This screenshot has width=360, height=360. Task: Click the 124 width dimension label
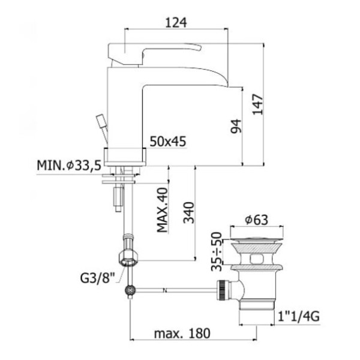[176, 23]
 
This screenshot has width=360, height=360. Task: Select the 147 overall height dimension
[257, 104]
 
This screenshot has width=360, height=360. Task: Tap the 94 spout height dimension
[236, 126]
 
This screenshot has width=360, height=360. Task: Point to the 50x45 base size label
[168, 142]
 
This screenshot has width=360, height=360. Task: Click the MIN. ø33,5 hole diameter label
[69, 165]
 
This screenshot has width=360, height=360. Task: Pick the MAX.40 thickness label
[163, 210]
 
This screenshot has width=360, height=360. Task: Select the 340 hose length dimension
[189, 212]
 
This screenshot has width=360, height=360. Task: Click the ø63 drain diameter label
[256, 220]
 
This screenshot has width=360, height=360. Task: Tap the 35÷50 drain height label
[217, 251]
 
